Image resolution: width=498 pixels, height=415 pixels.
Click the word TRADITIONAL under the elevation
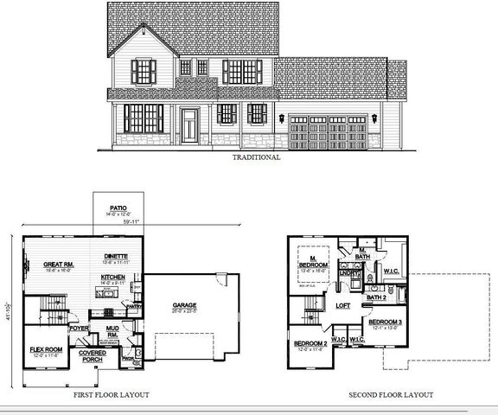point(257,158)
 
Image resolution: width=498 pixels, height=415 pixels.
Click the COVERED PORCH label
point(93,355)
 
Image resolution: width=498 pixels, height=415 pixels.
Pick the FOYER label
point(79,328)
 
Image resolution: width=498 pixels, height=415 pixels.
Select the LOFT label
point(342,306)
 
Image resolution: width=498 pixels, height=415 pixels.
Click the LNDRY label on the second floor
point(348,274)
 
